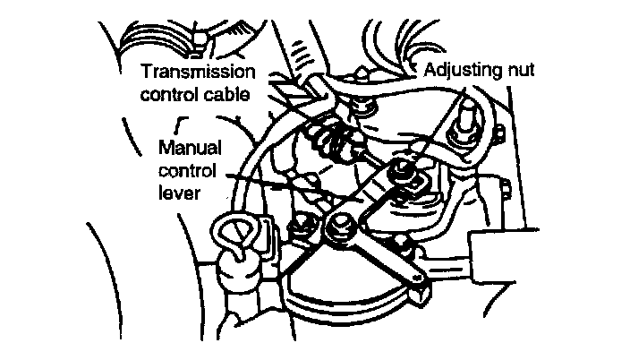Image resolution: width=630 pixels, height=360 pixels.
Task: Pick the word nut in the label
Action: [x=520, y=69]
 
